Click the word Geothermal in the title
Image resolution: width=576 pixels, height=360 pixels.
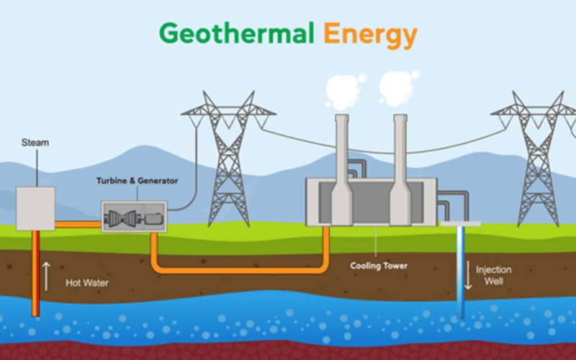(237, 32)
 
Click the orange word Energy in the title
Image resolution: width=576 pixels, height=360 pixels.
(370, 35)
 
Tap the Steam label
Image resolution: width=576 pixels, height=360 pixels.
(35, 143)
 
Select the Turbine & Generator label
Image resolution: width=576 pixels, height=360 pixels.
(138, 181)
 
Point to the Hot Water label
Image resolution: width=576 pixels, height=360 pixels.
(87, 283)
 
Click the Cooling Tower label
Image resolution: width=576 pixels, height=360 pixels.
(379, 266)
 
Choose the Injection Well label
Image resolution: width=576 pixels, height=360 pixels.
(494, 275)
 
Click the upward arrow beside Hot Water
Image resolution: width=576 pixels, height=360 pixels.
(46, 276)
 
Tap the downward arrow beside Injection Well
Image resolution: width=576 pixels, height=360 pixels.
(468, 275)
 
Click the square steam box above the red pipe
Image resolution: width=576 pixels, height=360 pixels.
(35, 209)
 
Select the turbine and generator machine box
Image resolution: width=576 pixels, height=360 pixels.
(134, 217)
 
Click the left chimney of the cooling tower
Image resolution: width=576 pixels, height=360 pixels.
(341, 170)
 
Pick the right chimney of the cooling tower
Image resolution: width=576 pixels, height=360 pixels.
(400, 170)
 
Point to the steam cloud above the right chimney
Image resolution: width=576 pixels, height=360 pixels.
(398, 87)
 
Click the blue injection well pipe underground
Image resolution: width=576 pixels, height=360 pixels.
(461, 272)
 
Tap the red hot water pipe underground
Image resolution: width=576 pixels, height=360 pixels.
(35, 274)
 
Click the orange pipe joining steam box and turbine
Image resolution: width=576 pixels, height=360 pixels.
(78, 225)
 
